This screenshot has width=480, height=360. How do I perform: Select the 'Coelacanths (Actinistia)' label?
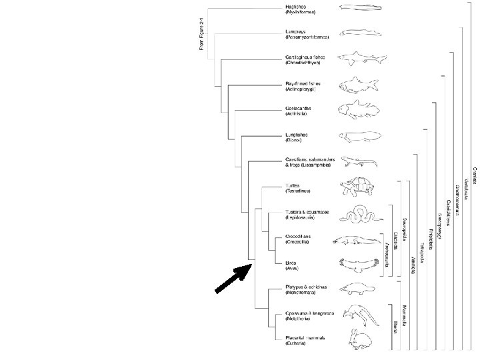click(x=293, y=111)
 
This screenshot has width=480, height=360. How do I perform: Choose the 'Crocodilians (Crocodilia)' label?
click(x=295, y=239)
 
